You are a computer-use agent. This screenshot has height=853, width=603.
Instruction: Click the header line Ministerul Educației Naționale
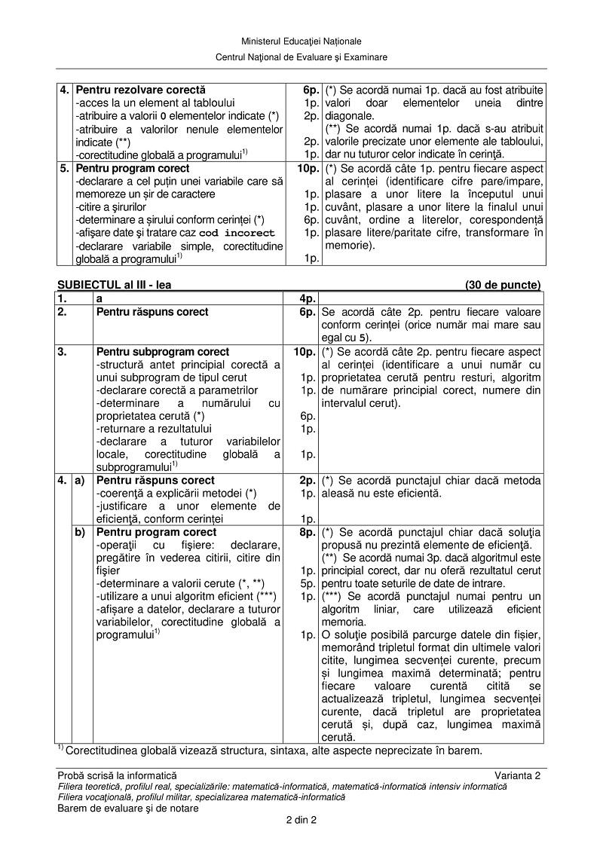click(x=301, y=41)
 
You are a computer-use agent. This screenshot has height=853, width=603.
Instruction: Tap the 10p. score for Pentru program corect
click(x=308, y=169)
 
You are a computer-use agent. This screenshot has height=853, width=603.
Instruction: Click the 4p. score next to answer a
click(x=308, y=298)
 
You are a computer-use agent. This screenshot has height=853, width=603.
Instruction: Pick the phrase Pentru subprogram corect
click(x=163, y=352)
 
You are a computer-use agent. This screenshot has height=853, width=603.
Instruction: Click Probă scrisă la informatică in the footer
click(x=117, y=775)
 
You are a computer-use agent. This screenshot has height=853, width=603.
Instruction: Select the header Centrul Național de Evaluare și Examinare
click(x=301, y=57)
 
